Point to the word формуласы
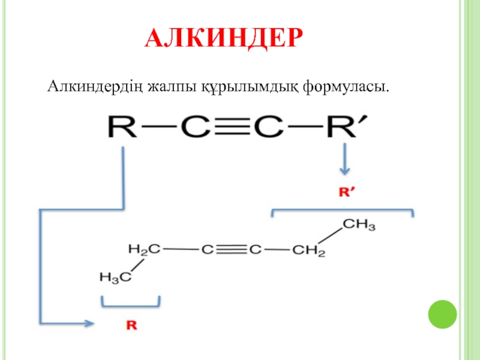(x=345, y=88)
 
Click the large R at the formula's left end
(x=122, y=128)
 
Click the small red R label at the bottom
(x=131, y=326)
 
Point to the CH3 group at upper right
(x=359, y=226)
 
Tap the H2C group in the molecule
(x=144, y=248)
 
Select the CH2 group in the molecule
(x=308, y=250)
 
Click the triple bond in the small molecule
(x=231, y=248)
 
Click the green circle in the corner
(x=442, y=313)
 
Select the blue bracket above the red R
(x=130, y=302)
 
